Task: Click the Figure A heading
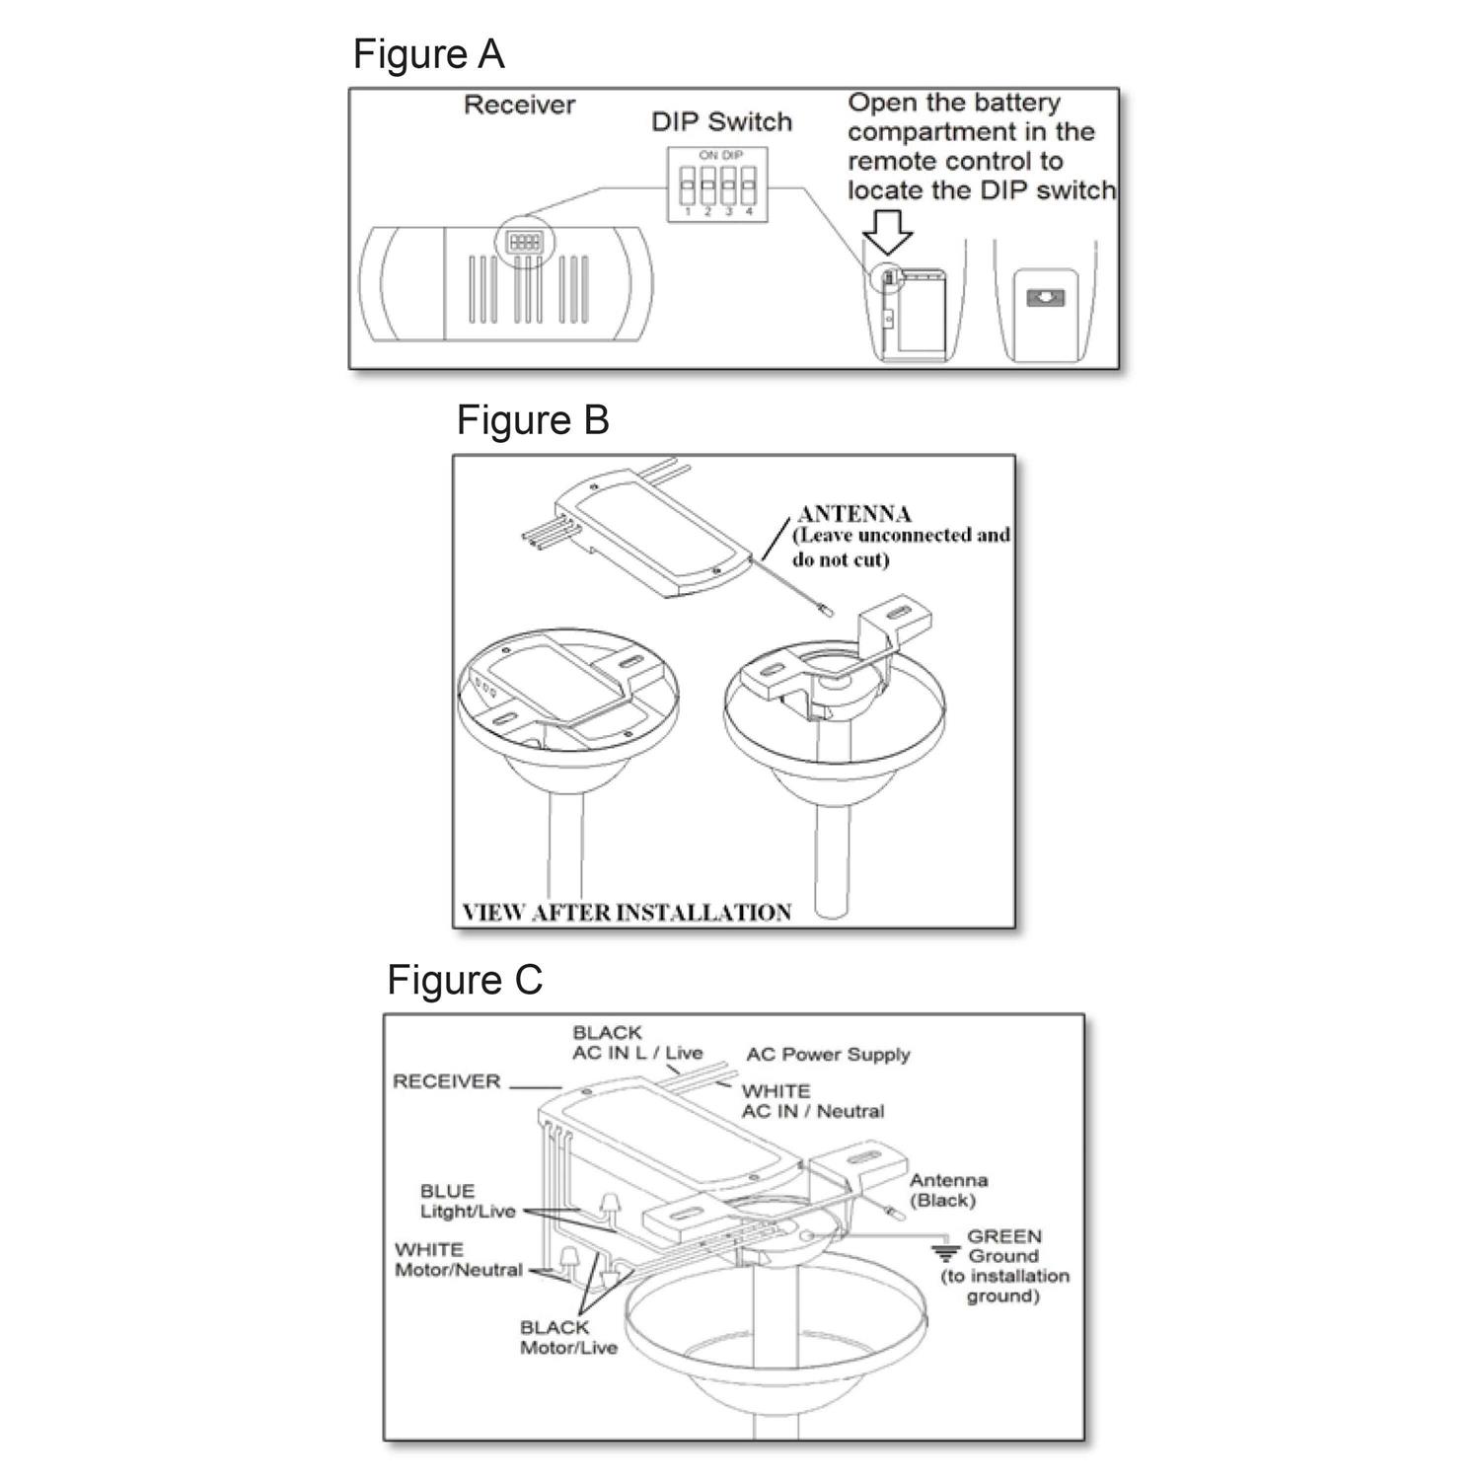tap(428, 54)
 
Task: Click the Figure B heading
tap(533, 420)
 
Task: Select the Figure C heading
tap(465, 980)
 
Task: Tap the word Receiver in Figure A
tap(519, 106)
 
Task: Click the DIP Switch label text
tap(721, 122)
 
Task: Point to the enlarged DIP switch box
tap(717, 185)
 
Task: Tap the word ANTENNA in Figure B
tap(853, 514)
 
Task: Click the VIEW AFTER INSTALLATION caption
tap(627, 913)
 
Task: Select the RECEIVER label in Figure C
tap(446, 1081)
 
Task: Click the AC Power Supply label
tap(828, 1055)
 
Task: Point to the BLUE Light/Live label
tap(468, 1202)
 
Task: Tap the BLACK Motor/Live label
tap(568, 1338)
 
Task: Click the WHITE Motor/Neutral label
tap(458, 1260)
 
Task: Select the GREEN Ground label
tap(1003, 1265)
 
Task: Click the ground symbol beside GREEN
tap(946, 1254)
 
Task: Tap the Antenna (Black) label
tap(947, 1190)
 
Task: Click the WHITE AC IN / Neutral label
tap(812, 1101)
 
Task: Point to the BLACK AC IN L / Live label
tap(636, 1043)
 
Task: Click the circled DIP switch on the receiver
tap(523, 242)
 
